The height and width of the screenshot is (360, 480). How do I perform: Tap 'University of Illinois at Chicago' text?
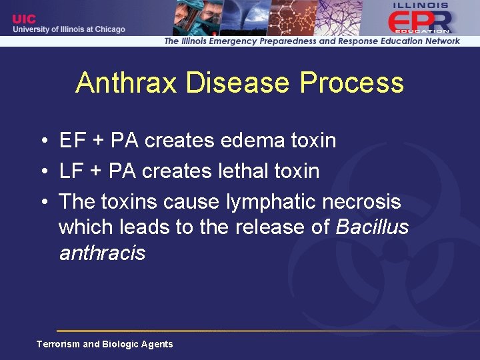[x=68, y=29]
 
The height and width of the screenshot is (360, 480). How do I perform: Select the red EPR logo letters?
[x=419, y=21]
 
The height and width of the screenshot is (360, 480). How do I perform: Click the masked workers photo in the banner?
[x=197, y=17]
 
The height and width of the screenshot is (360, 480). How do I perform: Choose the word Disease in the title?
[x=238, y=83]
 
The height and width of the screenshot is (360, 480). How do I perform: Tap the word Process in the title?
[x=351, y=83]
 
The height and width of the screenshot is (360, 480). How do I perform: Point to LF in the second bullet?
[x=70, y=171]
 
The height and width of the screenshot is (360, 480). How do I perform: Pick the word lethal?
[x=243, y=171]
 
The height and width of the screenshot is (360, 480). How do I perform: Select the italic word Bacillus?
[x=372, y=227]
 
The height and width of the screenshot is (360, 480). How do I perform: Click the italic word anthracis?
[x=102, y=253]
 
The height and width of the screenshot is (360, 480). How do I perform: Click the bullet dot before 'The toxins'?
[x=42, y=201]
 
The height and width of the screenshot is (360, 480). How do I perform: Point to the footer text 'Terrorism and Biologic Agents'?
[x=105, y=344]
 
